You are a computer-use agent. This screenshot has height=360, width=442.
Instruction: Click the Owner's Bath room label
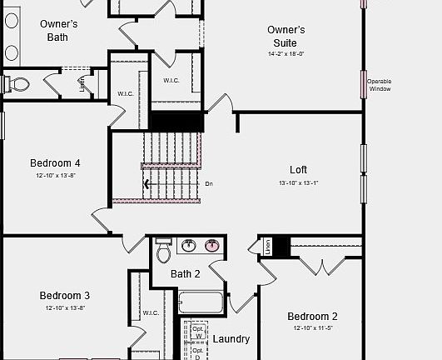[58, 30]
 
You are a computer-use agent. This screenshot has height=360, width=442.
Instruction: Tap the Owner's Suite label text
[286, 36]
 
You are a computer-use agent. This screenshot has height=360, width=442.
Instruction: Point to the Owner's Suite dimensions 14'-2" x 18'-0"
[286, 53]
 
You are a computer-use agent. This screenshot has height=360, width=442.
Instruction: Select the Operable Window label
[380, 85]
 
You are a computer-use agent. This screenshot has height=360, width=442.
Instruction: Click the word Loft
[298, 170]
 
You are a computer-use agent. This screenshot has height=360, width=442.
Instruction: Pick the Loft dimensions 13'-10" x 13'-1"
[298, 182]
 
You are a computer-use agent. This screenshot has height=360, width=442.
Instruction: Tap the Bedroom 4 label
[55, 163]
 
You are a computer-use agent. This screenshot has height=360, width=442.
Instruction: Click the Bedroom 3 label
[64, 295]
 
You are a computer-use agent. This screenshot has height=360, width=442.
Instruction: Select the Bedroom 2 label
[312, 316]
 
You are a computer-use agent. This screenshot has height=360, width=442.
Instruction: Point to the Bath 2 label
[186, 273]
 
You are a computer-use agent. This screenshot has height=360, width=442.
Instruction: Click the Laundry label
[231, 339]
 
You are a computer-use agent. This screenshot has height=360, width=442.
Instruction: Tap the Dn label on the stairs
[209, 183]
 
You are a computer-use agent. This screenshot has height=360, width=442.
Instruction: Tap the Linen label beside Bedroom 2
[268, 247]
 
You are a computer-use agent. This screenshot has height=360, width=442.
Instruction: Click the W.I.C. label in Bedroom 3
[151, 313]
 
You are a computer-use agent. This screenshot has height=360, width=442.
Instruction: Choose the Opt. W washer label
[198, 332]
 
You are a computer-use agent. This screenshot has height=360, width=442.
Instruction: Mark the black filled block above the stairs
[175, 121]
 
